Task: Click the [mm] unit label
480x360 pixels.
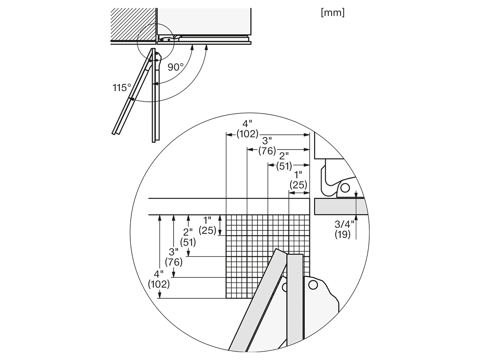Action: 333,13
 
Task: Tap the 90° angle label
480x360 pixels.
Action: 176,67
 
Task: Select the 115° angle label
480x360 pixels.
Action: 122,88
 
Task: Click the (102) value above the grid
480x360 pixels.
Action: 247,134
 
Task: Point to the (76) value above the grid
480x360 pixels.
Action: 267,151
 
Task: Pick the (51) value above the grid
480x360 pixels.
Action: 284,166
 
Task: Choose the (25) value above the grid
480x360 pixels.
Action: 298,185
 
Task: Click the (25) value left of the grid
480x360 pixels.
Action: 207,230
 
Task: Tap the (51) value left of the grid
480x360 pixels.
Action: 188,242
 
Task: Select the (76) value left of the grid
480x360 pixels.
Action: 173,262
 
